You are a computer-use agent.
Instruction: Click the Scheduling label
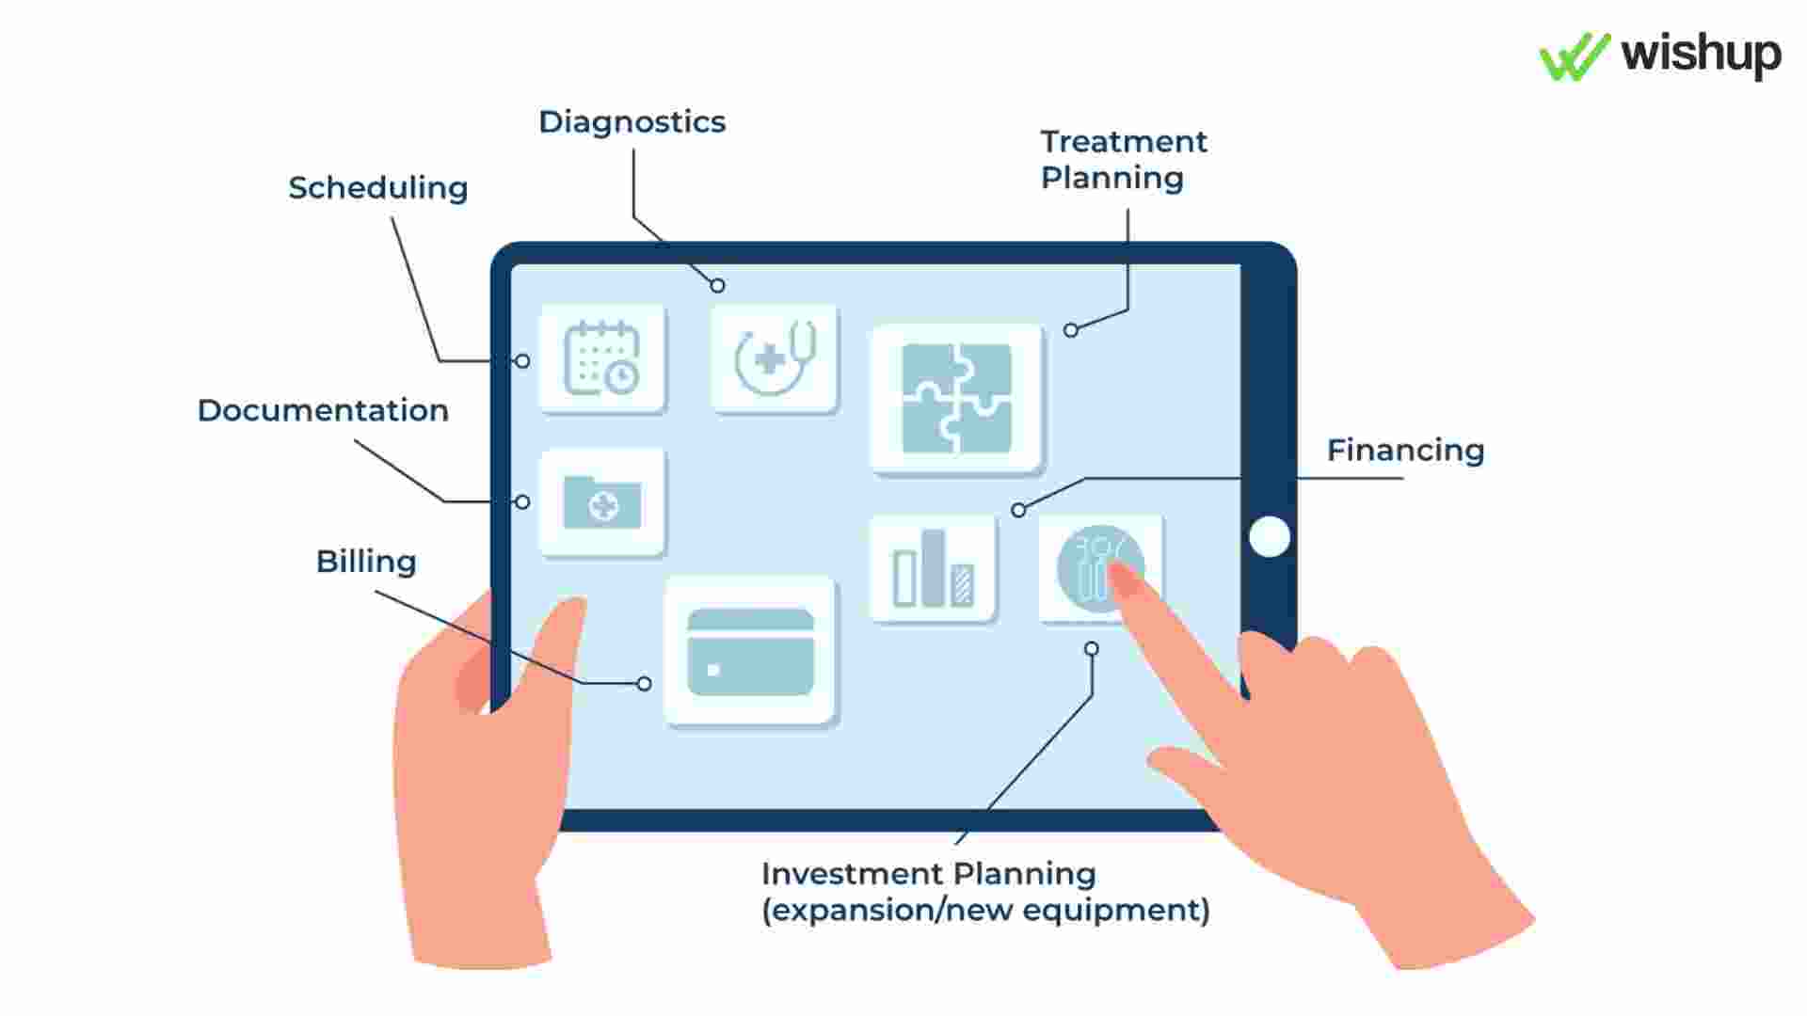point(377,188)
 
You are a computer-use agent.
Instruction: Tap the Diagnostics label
point(632,122)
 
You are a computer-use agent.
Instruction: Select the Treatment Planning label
point(1123,159)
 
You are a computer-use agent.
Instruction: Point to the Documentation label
point(323,410)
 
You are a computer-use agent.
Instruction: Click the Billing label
point(366,562)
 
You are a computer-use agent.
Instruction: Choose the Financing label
point(1405,451)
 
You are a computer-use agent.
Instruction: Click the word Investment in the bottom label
point(851,874)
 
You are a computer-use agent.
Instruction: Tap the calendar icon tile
point(602,358)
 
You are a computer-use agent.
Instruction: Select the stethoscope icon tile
point(774,358)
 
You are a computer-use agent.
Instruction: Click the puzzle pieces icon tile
point(957,399)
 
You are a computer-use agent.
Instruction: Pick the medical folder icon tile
point(602,502)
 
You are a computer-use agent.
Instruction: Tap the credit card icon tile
point(750,651)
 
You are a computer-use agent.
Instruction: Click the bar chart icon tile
point(933,568)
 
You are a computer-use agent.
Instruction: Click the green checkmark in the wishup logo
point(1574,56)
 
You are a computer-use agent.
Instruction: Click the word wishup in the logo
point(1701,55)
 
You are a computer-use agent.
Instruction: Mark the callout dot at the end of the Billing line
point(644,684)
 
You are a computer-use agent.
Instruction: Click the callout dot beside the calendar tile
point(522,361)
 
